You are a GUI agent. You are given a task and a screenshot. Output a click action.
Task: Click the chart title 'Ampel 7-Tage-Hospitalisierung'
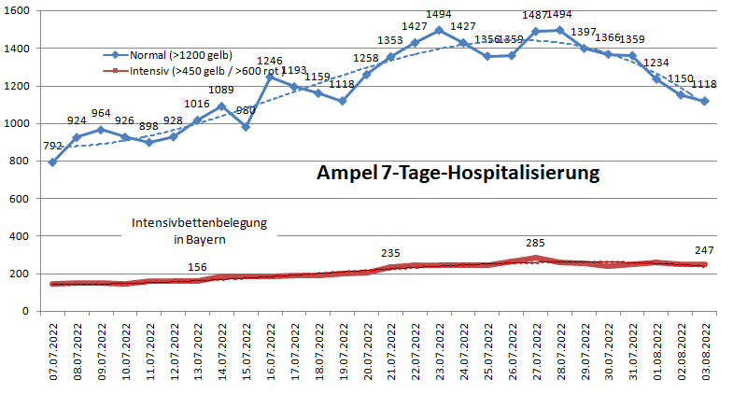[x=457, y=174]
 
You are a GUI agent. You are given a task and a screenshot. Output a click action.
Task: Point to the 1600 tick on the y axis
[x=18, y=11]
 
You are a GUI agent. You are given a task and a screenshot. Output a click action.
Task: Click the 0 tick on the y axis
[x=29, y=312]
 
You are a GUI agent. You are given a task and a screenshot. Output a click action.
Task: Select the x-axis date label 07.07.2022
[x=53, y=353]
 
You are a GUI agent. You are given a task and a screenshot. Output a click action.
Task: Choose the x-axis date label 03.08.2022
[x=706, y=353]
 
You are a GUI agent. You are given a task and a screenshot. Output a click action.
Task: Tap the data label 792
[x=52, y=146]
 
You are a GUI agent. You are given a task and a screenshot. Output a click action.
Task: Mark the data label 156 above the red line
[x=198, y=268]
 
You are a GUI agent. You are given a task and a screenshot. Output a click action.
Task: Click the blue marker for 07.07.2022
[x=52, y=162]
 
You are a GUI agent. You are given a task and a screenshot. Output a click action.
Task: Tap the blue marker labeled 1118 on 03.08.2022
[x=705, y=101]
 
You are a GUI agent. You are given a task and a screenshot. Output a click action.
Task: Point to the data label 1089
[x=221, y=91]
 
